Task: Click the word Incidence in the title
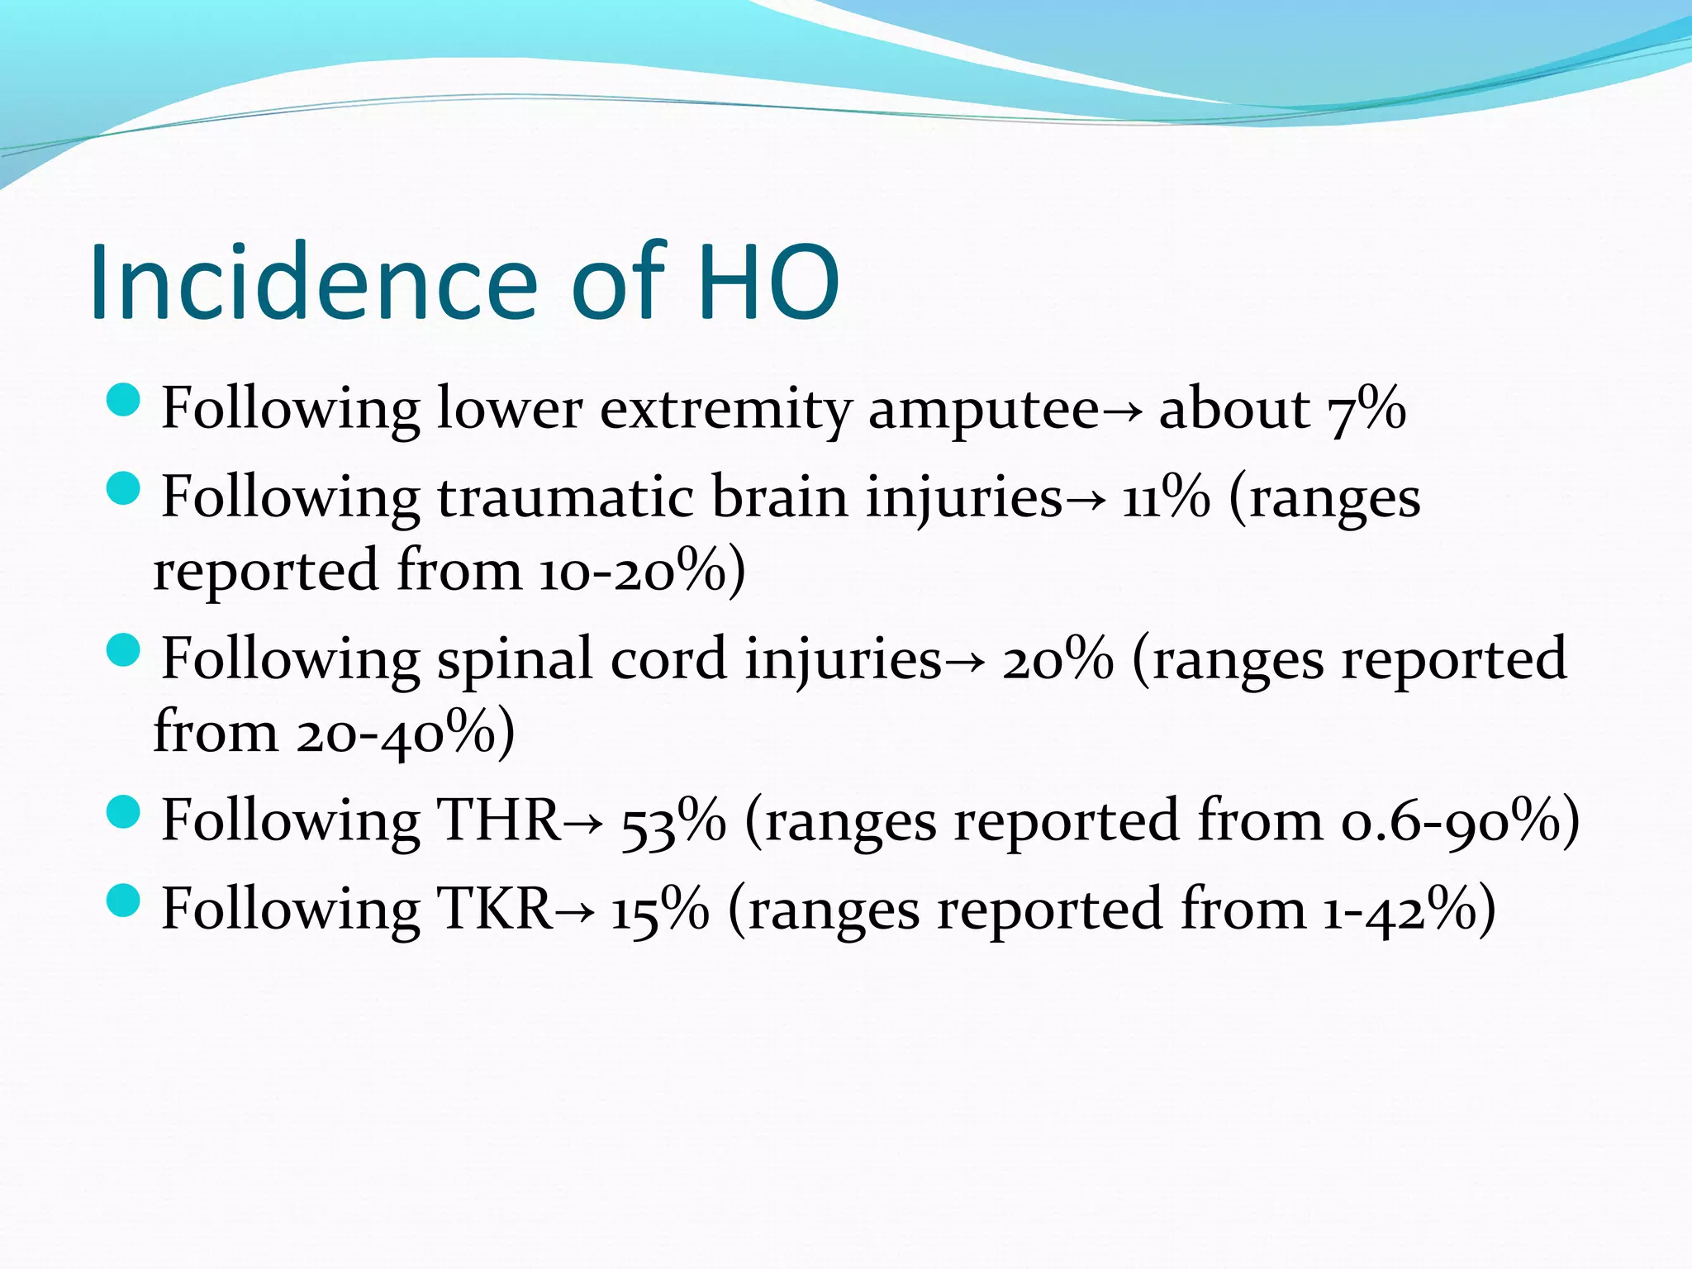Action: (x=314, y=283)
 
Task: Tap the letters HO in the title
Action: (x=768, y=283)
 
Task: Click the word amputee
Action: (x=983, y=410)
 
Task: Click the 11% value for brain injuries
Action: (x=1166, y=497)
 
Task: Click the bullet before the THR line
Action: (x=124, y=812)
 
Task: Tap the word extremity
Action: (x=725, y=410)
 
